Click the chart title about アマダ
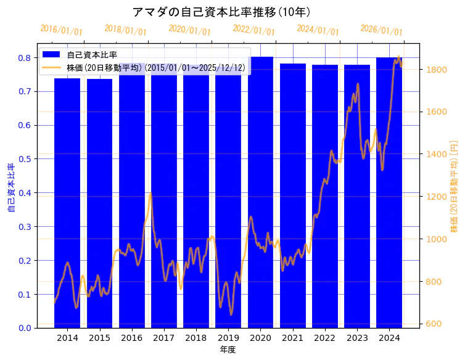click(221, 12)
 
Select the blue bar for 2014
click(67, 203)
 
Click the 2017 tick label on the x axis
click(164, 338)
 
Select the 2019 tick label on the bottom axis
click(228, 338)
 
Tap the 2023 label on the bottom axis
click(357, 338)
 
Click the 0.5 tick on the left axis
click(25, 159)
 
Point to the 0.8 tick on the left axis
click(25, 58)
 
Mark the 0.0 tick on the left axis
click(25, 328)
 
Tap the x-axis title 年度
click(228, 350)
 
